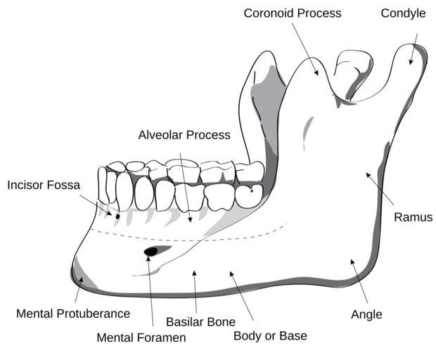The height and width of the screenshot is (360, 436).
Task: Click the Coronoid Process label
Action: point(292,13)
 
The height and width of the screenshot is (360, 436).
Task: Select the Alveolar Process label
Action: point(184,134)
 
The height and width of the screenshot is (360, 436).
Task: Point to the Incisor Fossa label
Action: point(44,185)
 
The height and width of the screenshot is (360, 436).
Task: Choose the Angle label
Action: point(366,314)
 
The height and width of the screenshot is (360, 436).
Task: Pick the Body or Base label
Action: point(270,335)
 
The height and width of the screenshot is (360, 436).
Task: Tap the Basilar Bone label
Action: point(200,322)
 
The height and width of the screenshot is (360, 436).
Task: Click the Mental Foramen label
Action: point(141,337)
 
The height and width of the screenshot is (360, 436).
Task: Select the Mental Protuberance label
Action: point(73,314)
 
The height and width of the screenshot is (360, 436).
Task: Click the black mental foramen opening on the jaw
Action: point(151,251)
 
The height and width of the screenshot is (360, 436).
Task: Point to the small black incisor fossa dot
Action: point(117,215)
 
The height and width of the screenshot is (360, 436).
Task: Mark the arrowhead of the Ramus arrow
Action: point(367,175)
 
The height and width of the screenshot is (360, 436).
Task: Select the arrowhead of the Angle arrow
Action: point(353,262)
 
